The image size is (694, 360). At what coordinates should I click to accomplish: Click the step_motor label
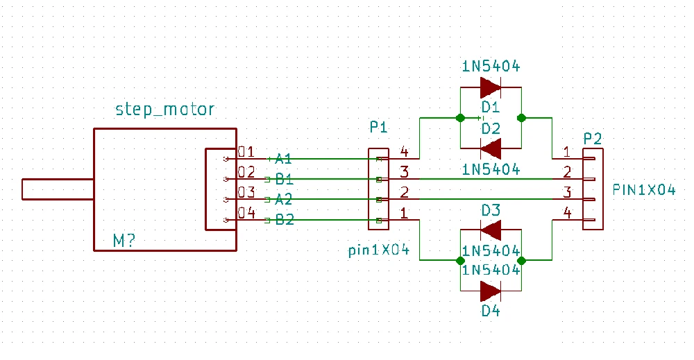(164, 109)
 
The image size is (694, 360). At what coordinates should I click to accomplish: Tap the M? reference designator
(124, 241)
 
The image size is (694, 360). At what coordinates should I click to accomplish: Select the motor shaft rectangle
(58, 189)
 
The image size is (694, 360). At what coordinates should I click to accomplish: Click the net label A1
(283, 158)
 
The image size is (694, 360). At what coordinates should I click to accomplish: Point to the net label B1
(285, 179)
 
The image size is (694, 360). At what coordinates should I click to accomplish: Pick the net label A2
(283, 200)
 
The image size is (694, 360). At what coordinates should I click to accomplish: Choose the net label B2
(285, 220)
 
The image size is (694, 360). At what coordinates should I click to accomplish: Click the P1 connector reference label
(378, 128)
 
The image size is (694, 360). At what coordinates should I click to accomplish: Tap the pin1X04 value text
(379, 250)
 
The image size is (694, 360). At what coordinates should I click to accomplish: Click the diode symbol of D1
(491, 87)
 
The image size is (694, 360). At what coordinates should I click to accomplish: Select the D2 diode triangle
(491, 148)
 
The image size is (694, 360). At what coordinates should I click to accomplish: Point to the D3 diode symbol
(491, 230)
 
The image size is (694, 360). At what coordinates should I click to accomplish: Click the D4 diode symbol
(491, 291)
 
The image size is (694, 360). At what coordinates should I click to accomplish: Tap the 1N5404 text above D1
(491, 67)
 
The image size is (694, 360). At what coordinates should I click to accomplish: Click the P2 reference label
(593, 139)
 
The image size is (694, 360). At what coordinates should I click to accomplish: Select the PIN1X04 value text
(645, 190)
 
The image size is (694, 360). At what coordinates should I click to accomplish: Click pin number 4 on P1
(404, 152)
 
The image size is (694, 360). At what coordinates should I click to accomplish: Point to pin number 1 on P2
(566, 152)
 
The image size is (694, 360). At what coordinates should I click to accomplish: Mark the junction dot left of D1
(460, 118)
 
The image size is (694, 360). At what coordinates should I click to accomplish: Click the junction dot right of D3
(521, 261)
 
